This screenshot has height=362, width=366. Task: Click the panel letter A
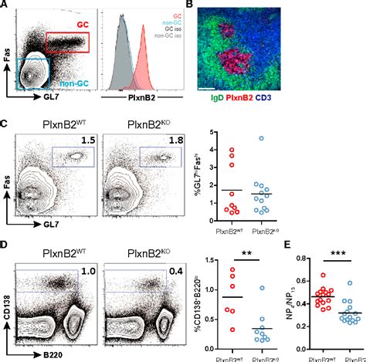coord(6,6)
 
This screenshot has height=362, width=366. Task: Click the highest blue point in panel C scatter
coord(262,138)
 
